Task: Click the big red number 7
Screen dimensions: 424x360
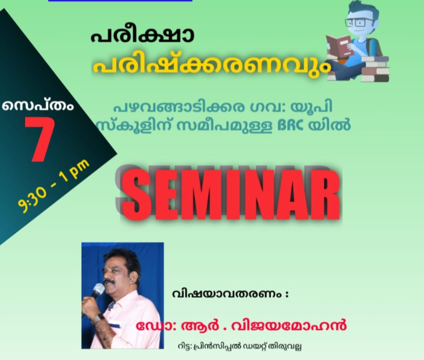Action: point(40,139)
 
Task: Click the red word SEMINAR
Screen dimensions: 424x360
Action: point(230,195)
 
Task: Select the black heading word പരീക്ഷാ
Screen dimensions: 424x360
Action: point(142,36)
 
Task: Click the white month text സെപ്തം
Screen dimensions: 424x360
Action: point(37,105)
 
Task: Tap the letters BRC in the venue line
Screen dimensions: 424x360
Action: point(291,126)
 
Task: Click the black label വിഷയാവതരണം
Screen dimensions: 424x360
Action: point(226,294)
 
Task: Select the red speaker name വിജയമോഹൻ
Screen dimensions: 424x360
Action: point(289,325)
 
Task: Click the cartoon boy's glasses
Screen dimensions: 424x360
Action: point(359,22)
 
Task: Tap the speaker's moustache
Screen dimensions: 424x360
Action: point(110,282)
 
